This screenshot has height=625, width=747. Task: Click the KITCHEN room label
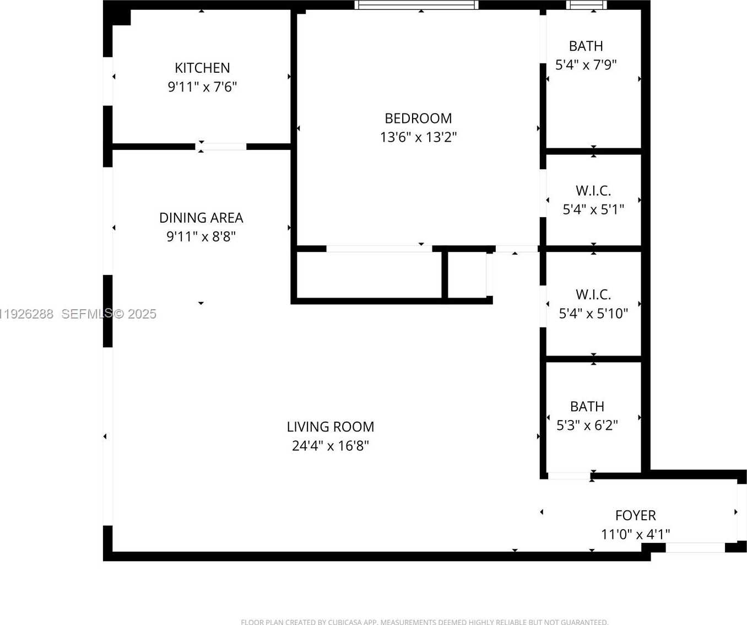(x=202, y=68)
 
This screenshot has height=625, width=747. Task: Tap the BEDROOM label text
(x=418, y=118)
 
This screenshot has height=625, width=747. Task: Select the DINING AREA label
(x=201, y=218)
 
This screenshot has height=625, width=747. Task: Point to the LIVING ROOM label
(x=330, y=427)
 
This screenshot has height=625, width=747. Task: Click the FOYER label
(x=635, y=515)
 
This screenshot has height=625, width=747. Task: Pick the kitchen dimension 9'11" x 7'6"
(x=202, y=87)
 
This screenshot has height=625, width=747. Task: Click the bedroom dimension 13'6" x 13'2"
(x=418, y=137)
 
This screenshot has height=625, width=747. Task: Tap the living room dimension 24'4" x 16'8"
(x=330, y=445)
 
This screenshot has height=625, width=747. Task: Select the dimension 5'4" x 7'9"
(x=586, y=64)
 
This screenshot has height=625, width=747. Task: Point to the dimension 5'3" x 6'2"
(x=587, y=425)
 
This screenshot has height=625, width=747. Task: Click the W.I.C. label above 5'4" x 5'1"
(x=593, y=191)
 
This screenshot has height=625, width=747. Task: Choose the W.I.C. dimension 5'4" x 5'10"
(x=593, y=313)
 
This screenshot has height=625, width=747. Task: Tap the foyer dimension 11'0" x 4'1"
(x=635, y=534)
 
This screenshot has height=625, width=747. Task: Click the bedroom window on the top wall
(x=416, y=5)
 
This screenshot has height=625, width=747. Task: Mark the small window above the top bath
(x=586, y=5)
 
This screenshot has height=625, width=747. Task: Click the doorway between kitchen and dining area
(x=221, y=147)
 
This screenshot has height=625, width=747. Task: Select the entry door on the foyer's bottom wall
(x=695, y=547)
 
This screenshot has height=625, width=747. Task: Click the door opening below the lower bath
(x=569, y=476)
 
